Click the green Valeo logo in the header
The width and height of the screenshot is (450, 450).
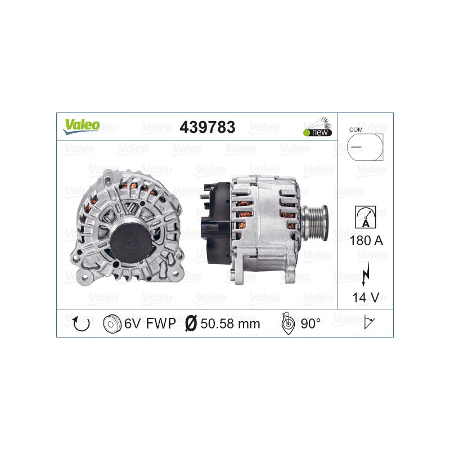tap(81, 127)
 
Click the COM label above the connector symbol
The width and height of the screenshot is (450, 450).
tap(355, 129)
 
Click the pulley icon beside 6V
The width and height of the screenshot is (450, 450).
tap(112, 323)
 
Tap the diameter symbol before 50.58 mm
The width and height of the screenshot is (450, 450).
tap(191, 323)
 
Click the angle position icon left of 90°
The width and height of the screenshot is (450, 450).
tap(287, 323)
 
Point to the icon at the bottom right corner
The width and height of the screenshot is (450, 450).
tap(370, 323)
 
